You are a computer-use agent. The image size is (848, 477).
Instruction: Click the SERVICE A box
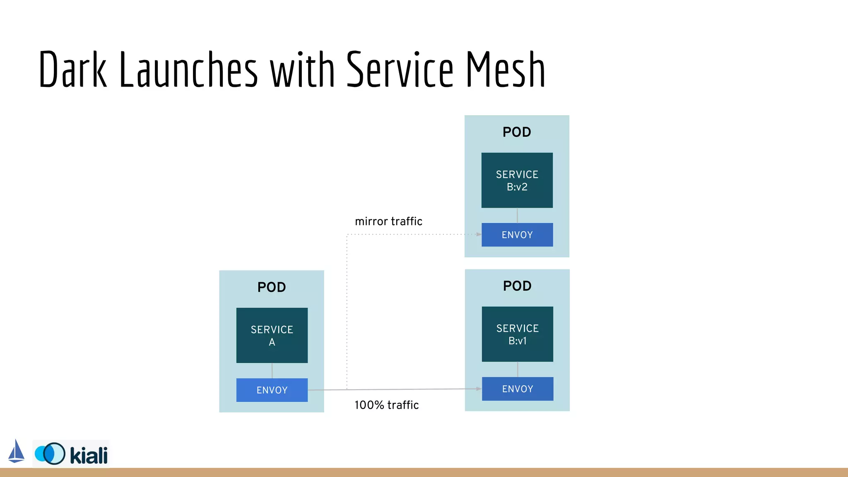point(272,335)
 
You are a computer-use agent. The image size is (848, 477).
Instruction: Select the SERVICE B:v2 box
point(517,180)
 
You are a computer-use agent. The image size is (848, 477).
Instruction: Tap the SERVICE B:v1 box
point(517,334)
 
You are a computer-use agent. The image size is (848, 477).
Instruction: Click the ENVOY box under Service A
point(272,390)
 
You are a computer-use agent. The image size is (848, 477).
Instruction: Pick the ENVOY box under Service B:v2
point(517,235)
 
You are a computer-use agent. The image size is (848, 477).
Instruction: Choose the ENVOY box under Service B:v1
point(517,389)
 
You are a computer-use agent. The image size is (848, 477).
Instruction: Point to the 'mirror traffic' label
point(388,222)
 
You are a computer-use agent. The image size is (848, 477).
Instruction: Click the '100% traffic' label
point(386,405)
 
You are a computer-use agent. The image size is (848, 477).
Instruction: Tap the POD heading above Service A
point(272,287)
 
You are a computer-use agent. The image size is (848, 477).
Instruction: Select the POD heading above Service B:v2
point(517,132)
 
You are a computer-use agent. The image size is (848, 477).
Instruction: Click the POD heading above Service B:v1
point(517,286)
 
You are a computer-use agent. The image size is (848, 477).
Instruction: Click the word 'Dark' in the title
point(73,70)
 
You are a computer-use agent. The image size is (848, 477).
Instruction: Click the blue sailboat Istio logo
point(16,451)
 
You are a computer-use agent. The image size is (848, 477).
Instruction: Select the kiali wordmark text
point(89,455)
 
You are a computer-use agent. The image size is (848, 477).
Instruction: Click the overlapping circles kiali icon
point(50,454)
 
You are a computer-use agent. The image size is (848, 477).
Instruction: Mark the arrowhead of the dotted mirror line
point(479,234)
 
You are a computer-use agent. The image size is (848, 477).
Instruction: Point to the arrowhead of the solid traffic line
point(479,389)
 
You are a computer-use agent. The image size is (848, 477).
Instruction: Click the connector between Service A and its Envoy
point(272,371)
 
